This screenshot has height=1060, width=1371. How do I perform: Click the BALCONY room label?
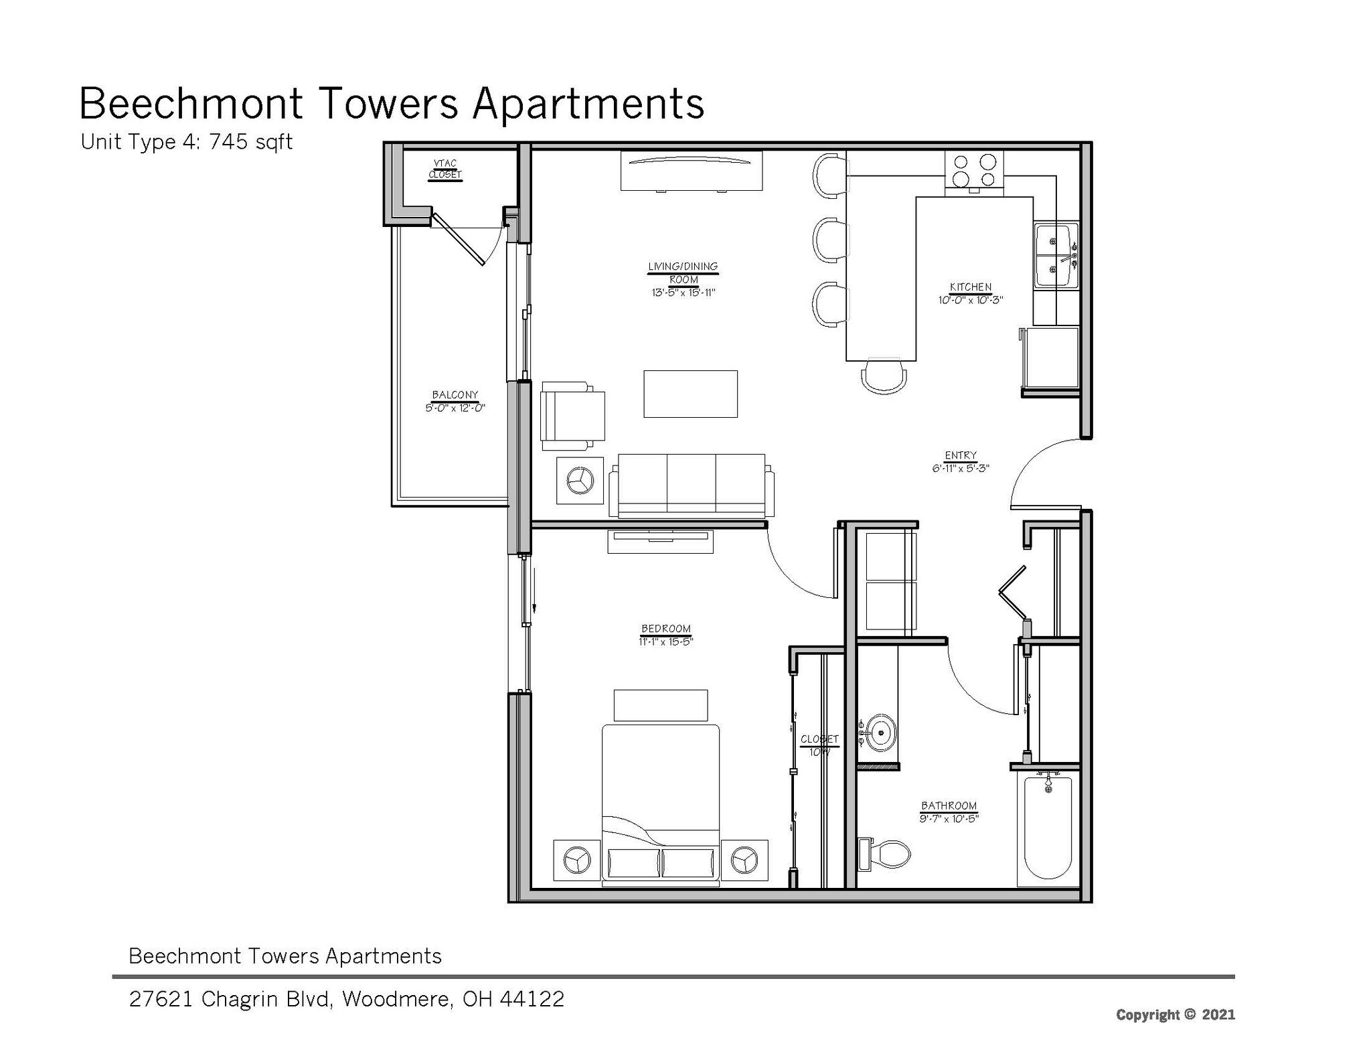[x=455, y=395]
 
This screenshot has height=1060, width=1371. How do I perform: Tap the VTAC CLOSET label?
[x=445, y=169]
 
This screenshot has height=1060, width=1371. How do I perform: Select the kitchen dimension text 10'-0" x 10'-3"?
[x=970, y=301]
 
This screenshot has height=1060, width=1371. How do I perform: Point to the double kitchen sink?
[x=1055, y=255]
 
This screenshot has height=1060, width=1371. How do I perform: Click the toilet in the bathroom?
[x=887, y=854]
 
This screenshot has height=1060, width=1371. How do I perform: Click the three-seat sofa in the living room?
[x=692, y=485]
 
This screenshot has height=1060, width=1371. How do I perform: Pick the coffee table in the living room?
[x=690, y=394]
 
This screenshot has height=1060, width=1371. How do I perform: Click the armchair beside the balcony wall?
[x=571, y=415]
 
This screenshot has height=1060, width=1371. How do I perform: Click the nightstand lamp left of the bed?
[x=576, y=860]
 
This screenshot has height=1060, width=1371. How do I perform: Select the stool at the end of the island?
[x=884, y=376]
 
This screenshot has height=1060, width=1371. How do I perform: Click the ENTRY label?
[x=961, y=455]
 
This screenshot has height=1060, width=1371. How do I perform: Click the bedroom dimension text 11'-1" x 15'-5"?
[x=665, y=641]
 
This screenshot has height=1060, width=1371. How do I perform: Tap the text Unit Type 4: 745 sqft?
[x=186, y=142]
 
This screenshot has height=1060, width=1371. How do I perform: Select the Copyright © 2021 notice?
[x=1175, y=1014]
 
